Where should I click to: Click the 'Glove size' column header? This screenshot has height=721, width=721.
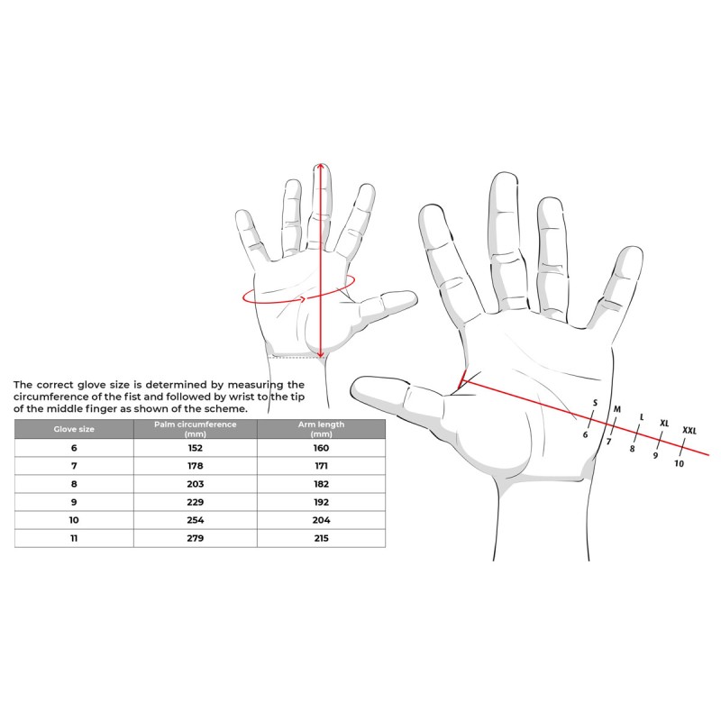pyautogui.click(x=74, y=429)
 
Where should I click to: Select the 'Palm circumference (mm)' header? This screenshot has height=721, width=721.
pyautogui.click(x=196, y=429)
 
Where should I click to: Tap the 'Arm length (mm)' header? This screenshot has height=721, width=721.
pyautogui.click(x=321, y=429)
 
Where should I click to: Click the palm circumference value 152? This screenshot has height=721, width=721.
pyautogui.click(x=196, y=448)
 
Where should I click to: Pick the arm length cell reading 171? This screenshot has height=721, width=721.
pyautogui.click(x=321, y=466)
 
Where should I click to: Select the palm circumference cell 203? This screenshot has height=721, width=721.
pyautogui.click(x=196, y=484)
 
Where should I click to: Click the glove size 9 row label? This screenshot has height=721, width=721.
pyautogui.click(x=74, y=502)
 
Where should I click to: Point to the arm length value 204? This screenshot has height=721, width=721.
pyautogui.click(x=321, y=520)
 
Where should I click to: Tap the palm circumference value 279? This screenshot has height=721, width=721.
pyautogui.click(x=196, y=538)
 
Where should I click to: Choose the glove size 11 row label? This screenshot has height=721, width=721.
pyautogui.click(x=74, y=538)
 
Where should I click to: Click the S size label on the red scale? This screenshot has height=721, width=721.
pyautogui.click(x=595, y=403)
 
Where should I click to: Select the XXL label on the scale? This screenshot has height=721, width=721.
pyautogui.click(x=689, y=431)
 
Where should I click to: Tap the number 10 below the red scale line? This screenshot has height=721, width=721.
pyautogui.click(x=680, y=463)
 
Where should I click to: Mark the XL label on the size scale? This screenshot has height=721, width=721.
pyautogui.click(x=664, y=423)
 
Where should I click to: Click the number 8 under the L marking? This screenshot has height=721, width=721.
pyautogui.click(x=633, y=448)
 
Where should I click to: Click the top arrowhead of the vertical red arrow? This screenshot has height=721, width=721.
pyautogui.click(x=321, y=166)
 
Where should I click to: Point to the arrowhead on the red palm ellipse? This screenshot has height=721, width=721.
pyautogui.click(x=303, y=300)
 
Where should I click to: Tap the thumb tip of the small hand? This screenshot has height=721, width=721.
pyautogui.click(x=414, y=297)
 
